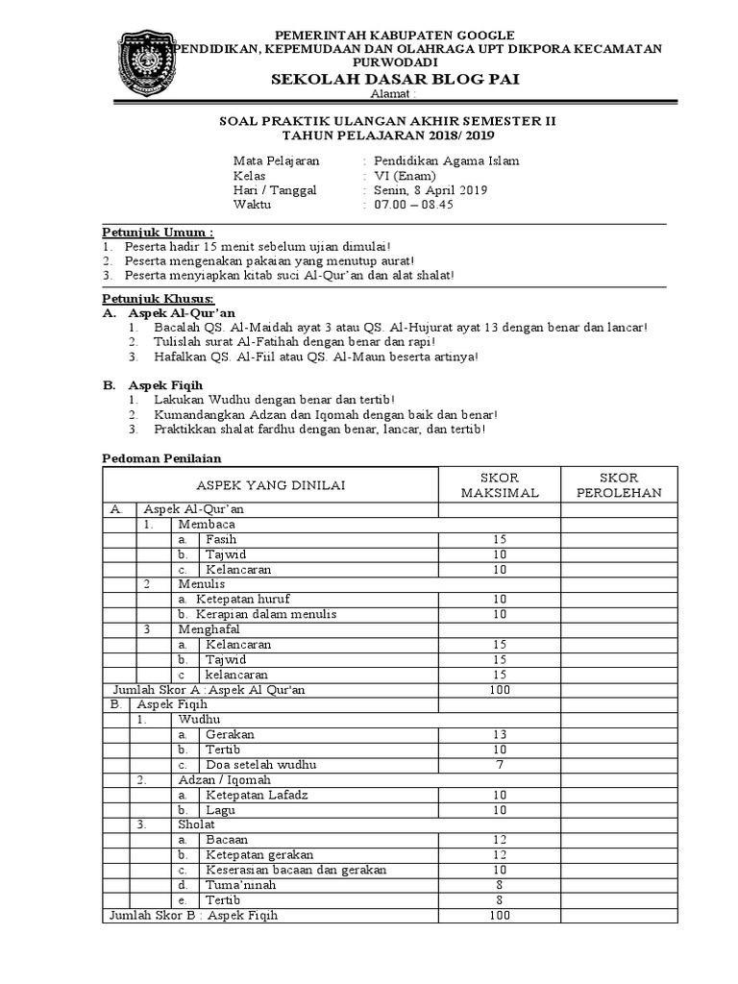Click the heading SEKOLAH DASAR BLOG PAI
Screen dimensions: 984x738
coord(395,79)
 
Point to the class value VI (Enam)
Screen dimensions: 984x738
coord(407,176)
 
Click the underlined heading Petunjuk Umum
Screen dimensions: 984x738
coord(159,233)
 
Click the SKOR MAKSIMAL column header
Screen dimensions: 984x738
coord(499,485)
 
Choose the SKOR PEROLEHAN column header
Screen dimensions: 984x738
coord(619,485)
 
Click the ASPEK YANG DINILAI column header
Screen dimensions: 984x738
coord(271,486)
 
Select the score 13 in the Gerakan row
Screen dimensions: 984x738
coord(499,734)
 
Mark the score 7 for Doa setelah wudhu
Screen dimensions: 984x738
coord(499,764)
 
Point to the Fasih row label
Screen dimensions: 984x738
coord(221,540)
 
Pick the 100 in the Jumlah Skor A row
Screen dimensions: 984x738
coord(499,690)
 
